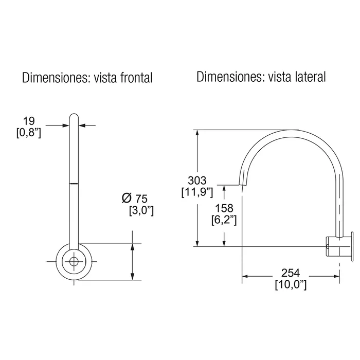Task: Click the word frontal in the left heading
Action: click(x=136, y=78)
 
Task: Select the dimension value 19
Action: click(x=29, y=121)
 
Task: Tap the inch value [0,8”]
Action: click(x=29, y=133)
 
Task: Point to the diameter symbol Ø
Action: click(x=127, y=198)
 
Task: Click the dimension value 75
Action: click(x=141, y=199)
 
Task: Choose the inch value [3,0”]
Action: click(x=141, y=210)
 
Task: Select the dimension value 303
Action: click(x=197, y=181)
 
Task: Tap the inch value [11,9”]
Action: click(x=197, y=192)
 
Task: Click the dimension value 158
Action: click(x=224, y=208)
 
